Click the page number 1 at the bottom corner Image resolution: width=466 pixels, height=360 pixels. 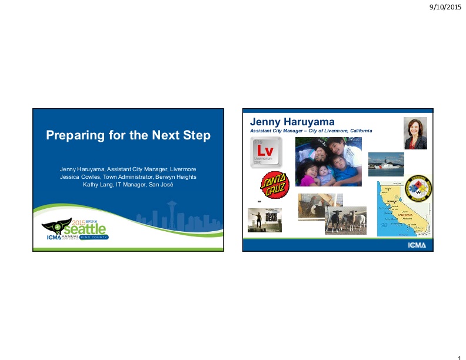click(x=459, y=355)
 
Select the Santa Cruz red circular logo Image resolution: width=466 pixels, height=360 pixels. click(x=275, y=185)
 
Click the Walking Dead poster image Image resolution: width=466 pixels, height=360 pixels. click(x=264, y=220)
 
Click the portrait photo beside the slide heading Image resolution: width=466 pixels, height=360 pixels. click(x=415, y=133)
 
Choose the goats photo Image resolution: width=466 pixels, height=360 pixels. click(x=346, y=220)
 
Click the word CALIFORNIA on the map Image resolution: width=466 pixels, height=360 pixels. click(x=406, y=214)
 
